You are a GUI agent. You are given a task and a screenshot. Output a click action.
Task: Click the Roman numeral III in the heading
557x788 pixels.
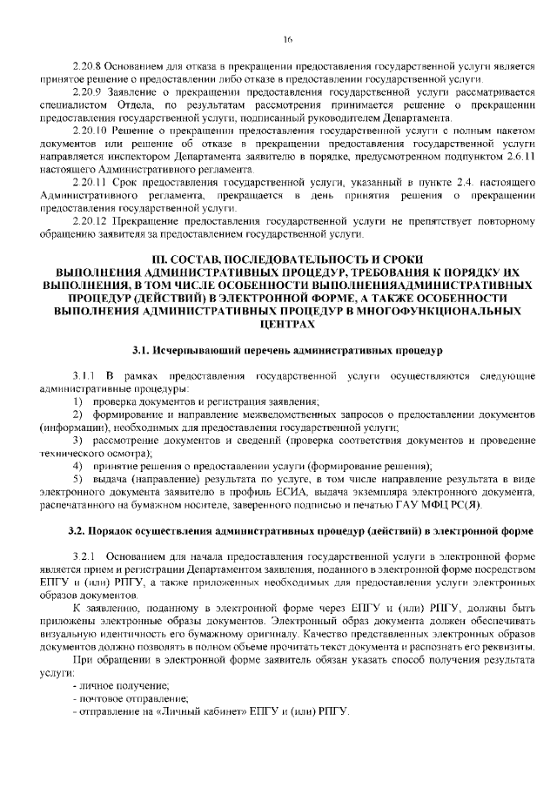(x=158, y=260)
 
